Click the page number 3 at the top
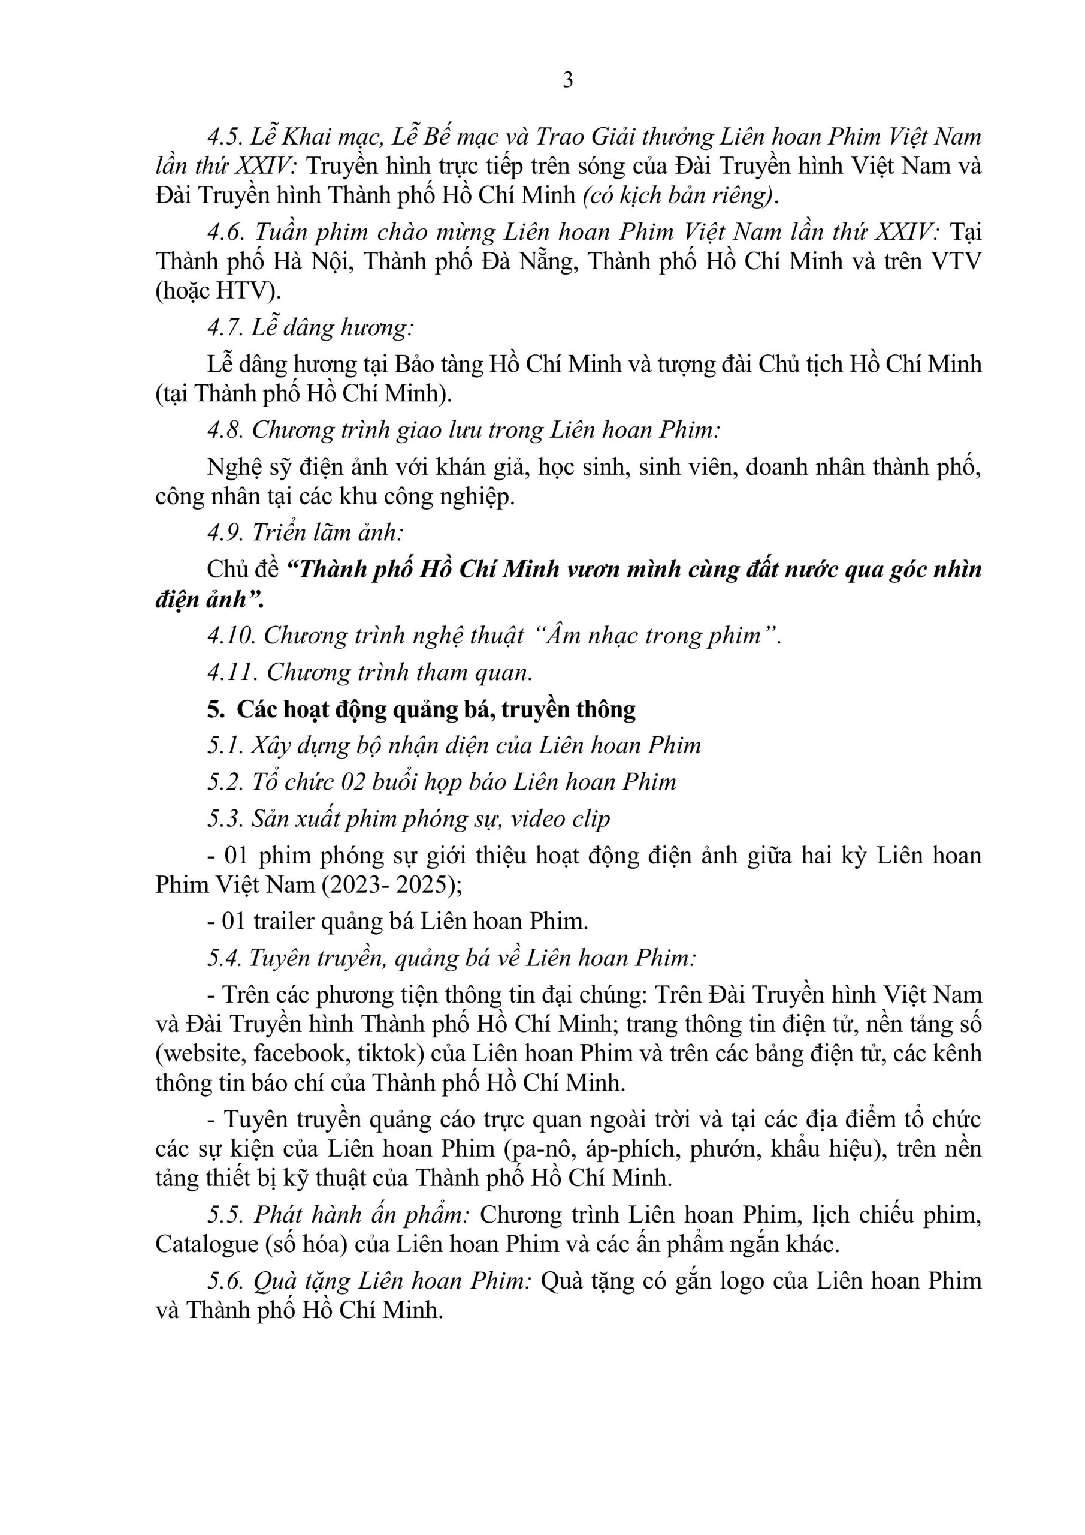[x=568, y=80]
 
